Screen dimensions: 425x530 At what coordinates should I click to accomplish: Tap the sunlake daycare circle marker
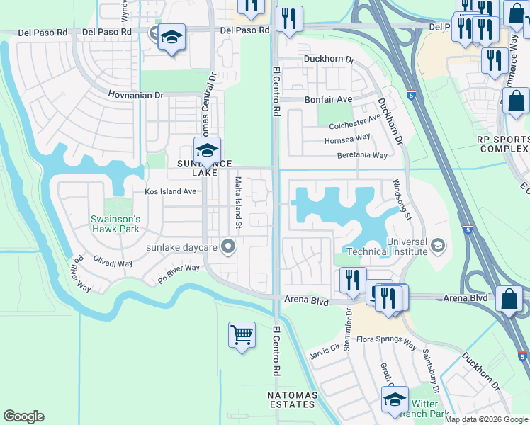[228, 247]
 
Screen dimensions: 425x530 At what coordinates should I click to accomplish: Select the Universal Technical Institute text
[387, 245]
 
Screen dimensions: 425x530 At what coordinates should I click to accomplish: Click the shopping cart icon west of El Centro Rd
[242, 334]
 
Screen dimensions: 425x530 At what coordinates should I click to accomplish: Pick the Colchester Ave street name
[355, 125]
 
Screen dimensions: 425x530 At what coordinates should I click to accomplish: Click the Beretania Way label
[362, 155]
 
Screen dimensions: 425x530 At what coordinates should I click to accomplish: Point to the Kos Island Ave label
[170, 191]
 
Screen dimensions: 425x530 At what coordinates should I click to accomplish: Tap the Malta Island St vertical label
[239, 203]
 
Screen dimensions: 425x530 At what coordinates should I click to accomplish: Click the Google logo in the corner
[23, 416]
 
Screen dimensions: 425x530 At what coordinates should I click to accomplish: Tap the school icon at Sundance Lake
[207, 150]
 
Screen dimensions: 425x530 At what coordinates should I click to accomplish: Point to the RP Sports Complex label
[504, 144]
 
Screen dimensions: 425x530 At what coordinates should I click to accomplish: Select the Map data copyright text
[486, 419]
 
